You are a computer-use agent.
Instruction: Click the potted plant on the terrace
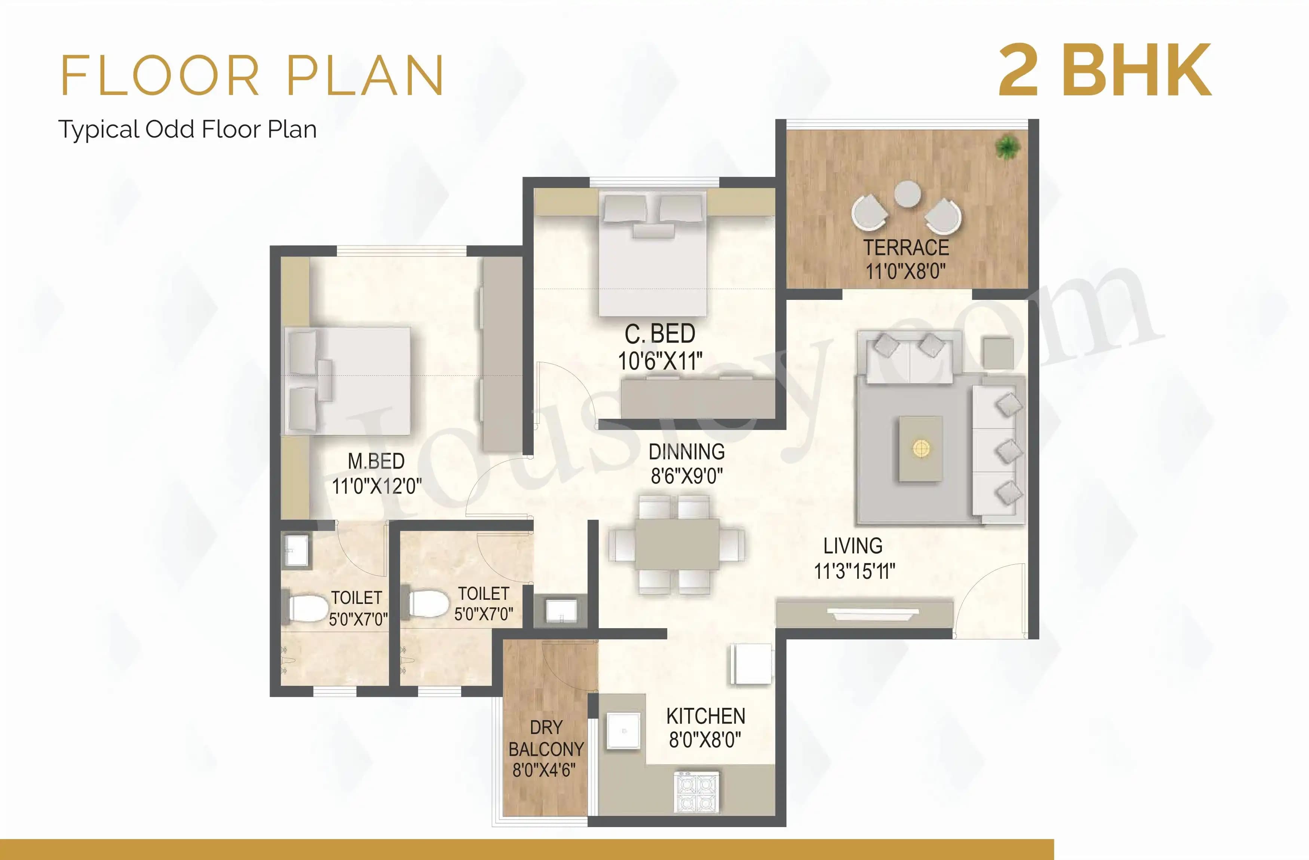1008,147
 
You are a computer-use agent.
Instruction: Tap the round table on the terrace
907,194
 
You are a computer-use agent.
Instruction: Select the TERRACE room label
906,248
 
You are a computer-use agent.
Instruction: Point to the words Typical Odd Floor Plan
187,130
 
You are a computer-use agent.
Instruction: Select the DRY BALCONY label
546,738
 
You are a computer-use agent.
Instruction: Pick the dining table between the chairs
677,544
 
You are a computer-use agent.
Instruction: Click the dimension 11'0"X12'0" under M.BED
377,486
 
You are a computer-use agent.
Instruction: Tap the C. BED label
660,334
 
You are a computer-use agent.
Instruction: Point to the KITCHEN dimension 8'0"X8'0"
705,740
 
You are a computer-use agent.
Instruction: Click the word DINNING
686,452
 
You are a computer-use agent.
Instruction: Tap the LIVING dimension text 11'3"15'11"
854,571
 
